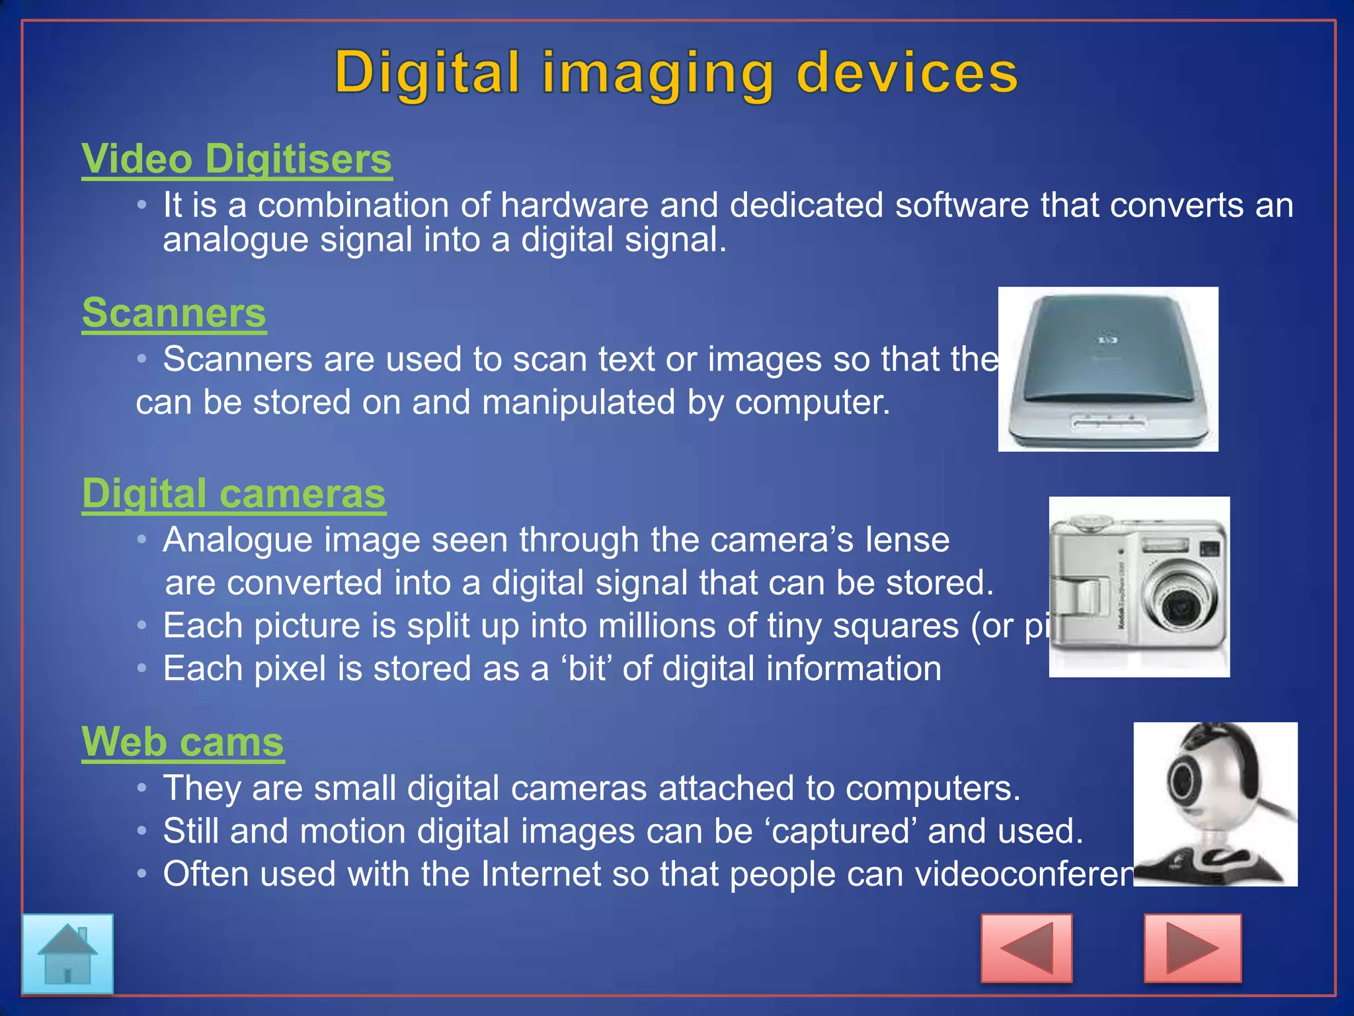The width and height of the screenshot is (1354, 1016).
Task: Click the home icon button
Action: click(x=67, y=953)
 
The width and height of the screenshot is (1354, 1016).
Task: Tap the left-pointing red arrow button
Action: click(x=1026, y=948)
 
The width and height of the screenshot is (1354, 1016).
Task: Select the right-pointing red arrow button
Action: click(x=1192, y=948)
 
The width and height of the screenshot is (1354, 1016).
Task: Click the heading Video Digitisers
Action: click(x=237, y=159)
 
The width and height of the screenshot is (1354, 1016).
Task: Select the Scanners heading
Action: click(x=174, y=313)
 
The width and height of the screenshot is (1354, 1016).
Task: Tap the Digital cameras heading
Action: click(x=234, y=494)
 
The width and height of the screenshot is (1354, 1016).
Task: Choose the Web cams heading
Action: click(x=182, y=742)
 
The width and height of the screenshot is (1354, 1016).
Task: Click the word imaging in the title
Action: click(x=658, y=74)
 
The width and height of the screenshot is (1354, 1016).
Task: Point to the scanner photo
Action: click(x=1108, y=369)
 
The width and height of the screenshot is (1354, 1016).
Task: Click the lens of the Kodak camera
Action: click(x=1179, y=603)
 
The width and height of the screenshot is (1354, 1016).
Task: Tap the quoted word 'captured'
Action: click(x=843, y=831)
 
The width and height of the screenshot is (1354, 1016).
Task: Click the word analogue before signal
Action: click(x=235, y=239)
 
